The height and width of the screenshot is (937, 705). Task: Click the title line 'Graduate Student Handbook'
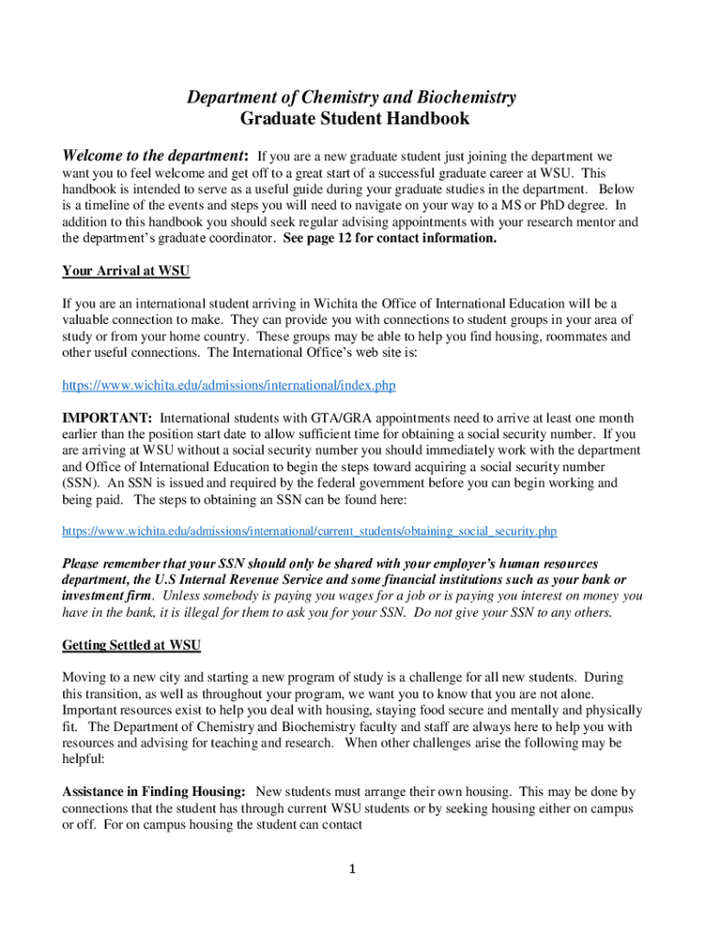pyautogui.click(x=354, y=118)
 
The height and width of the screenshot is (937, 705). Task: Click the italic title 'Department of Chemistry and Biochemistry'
pyautogui.click(x=352, y=97)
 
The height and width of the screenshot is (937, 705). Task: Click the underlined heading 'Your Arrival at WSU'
pyautogui.click(x=125, y=271)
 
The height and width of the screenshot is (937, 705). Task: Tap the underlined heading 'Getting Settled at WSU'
pyautogui.click(x=132, y=645)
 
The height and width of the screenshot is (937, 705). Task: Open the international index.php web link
pyautogui.click(x=229, y=385)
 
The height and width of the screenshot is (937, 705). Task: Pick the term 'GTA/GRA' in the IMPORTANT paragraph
pyautogui.click(x=314, y=417)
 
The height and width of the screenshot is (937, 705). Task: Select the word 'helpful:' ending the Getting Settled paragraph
pyautogui.click(x=82, y=759)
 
